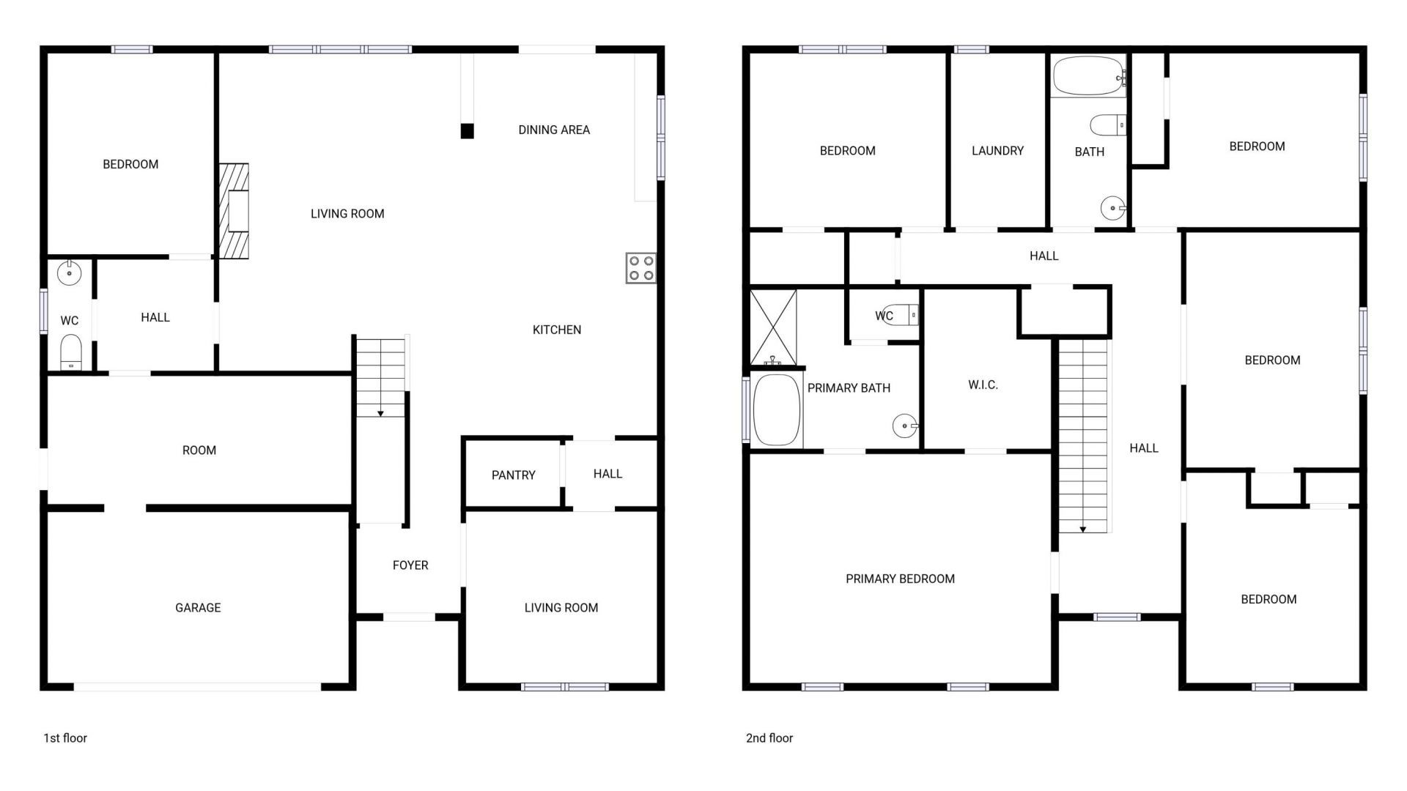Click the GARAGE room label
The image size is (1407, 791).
[x=198, y=608]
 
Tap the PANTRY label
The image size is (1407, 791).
[x=513, y=475]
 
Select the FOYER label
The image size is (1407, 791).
[x=410, y=565]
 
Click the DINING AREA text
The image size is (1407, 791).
[x=554, y=130]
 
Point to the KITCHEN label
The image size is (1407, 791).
[x=557, y=330]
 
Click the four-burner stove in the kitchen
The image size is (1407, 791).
[x=641, y=268]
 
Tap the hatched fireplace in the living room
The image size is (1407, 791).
[x=234, y=211]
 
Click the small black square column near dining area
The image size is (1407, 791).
[x=467, y=131]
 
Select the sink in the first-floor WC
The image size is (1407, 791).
[x=69, y=274]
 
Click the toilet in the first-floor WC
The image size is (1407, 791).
[x=71, y=352]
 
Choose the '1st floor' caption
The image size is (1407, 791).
[x=65, y=738]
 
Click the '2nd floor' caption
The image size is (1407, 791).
[x=769, y=738]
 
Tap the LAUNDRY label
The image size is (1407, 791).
[x=997, y=151]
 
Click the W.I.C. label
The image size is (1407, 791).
[x=983, y=385]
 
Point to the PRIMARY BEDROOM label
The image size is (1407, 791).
[x=900, y=579]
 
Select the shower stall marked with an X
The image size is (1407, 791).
[x=773, y=327]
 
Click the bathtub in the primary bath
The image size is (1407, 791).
[x=776, y=410]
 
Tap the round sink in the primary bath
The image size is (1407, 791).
[x=904, y=426]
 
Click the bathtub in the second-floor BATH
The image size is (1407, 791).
[x=1087, y=76]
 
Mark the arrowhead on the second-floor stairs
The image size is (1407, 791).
[x=1082, y=529]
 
